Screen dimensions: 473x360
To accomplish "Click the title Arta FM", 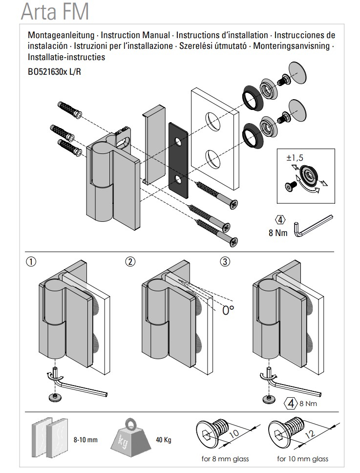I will (55, 11).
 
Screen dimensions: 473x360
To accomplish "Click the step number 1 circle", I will (31, 261).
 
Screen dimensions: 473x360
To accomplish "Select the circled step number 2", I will (130, 261).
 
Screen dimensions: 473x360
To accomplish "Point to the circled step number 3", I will (225, 261).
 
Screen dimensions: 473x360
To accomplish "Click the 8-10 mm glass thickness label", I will (85, 440).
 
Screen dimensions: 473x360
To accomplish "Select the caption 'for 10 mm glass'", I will (303, 459).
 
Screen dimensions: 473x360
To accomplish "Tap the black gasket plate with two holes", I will (178, 159).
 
